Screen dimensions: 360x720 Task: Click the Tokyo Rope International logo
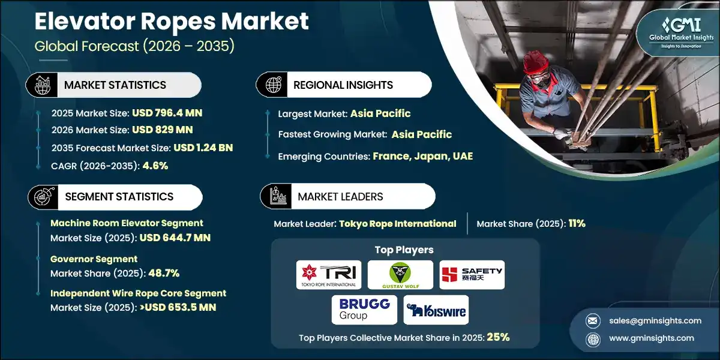[328, 275]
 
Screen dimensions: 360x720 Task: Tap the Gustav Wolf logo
[400, 275]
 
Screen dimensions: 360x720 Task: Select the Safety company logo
[472, 275]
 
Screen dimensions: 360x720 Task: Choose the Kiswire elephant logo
[436, 310]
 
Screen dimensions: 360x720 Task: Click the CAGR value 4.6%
[155, 165]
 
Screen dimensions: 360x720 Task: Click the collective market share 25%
[497, 337]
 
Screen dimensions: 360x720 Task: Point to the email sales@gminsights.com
[655, 320]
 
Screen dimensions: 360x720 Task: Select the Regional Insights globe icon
[273, 85]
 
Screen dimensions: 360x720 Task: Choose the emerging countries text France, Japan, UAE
[422, 156]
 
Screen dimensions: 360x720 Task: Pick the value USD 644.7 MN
[175, 238]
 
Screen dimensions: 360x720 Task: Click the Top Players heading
[403, 250]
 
